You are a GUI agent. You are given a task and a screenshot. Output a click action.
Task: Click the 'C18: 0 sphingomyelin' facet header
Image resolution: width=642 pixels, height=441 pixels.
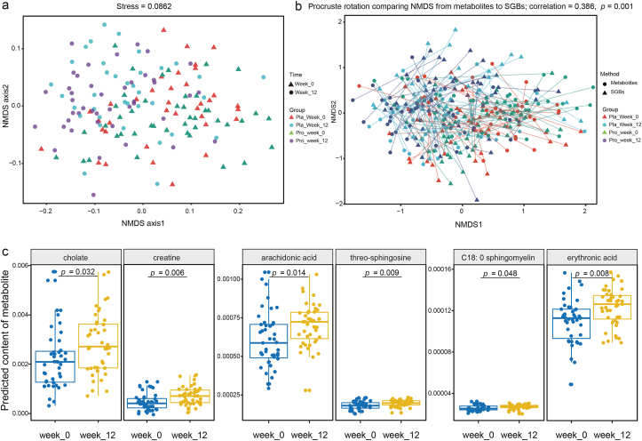(x=497, y=257)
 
